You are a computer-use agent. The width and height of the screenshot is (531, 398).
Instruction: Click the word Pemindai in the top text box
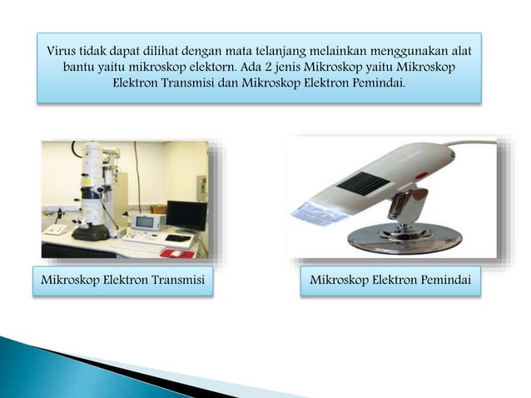coord(377,82)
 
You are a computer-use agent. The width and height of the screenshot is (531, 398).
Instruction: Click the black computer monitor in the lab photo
coord(186,215)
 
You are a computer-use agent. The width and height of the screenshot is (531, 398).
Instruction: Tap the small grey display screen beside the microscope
coord(146,222)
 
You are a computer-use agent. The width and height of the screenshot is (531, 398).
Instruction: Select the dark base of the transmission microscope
coord(90,232)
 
